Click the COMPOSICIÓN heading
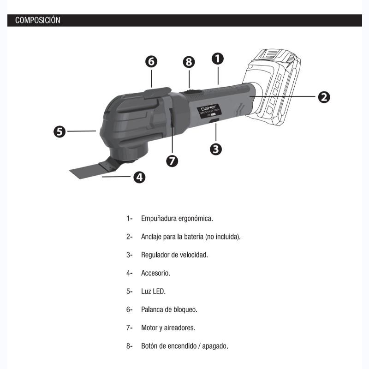coord(38,20)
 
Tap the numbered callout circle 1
coord(218,59)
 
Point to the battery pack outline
coord(274,88)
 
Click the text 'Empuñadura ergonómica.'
coord(177,218)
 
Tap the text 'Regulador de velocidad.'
coord(174,255)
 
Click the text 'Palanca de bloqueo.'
coord(169,309)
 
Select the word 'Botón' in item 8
coord(150,346)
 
